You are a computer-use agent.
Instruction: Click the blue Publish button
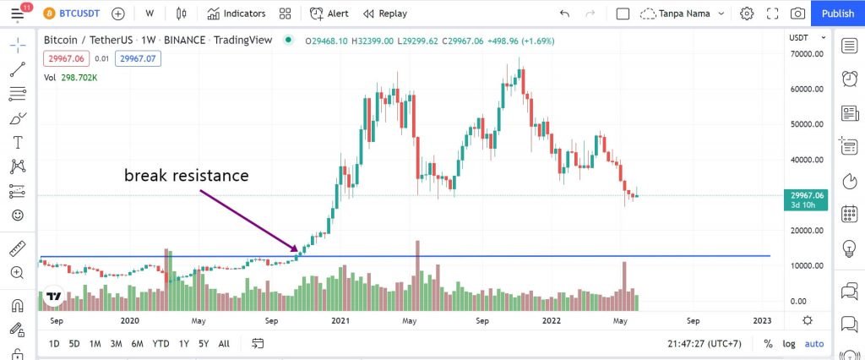pyautogui.click(x=837, y=14)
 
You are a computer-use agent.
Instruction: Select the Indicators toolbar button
pyautogui.click(x=237, y=14)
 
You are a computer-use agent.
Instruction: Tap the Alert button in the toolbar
pyautogui.click(x=329, y=14)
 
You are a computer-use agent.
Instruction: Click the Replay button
pyautogui.click(x=385, y=14)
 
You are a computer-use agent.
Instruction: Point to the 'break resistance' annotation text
pyautogui.click(x=187, y=176)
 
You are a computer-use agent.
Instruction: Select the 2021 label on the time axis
pyautogui.click(x=340, y=321)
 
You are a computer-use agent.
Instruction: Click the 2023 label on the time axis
pyautogui.click(x=761, y=321)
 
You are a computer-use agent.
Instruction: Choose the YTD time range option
pyautogui.click(x=160, y=344)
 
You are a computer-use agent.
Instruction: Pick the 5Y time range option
pyautogui.click(x=204, y=344)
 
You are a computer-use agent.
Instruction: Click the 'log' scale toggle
pyautogui.click(x=788, y=344)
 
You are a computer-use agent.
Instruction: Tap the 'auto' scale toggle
pyautogui.click(x=813, y=344)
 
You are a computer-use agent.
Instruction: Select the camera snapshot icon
pyautogui.click(x=797, y=14)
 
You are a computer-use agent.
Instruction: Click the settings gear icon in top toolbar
pyautogui.click(x=747, y=14)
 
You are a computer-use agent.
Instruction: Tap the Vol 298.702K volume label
pyautogui.click(x=70, y=78)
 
